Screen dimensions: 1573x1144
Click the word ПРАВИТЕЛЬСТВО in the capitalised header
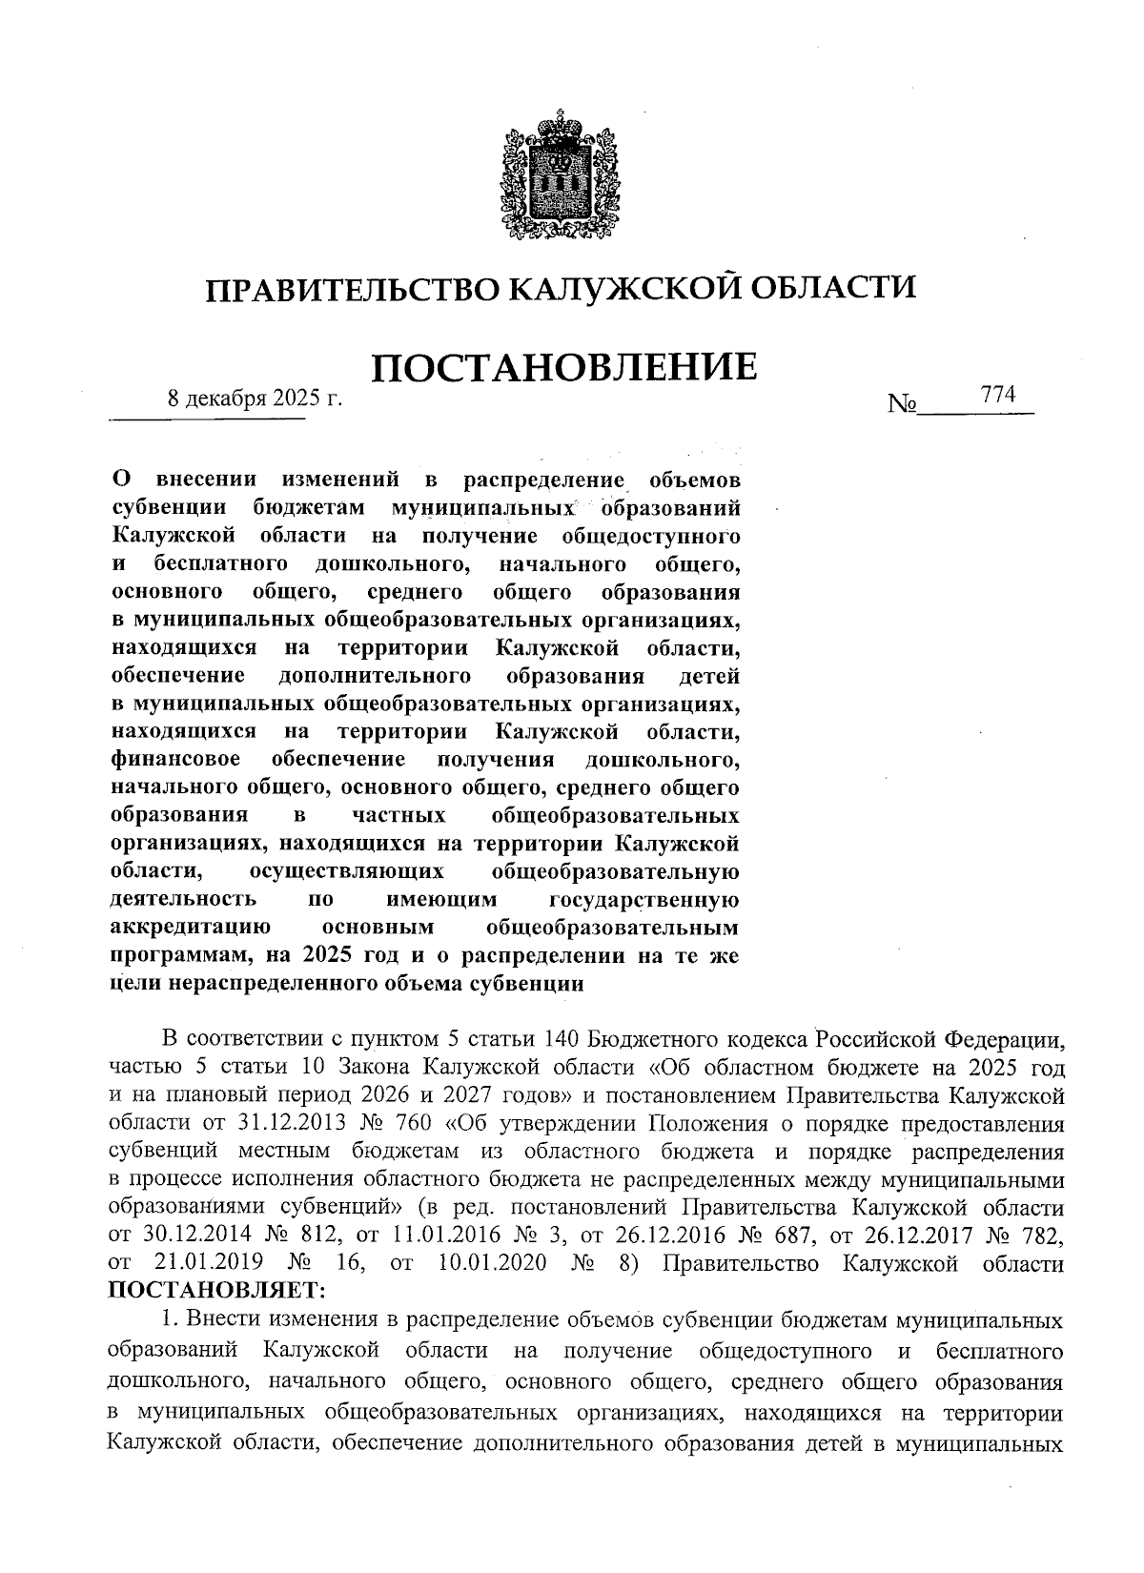coord(352,288)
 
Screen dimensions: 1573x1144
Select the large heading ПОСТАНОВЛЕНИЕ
coord(563,368)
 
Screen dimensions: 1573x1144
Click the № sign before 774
coord(902,404)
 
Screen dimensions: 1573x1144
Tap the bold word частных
coord(399,816)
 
